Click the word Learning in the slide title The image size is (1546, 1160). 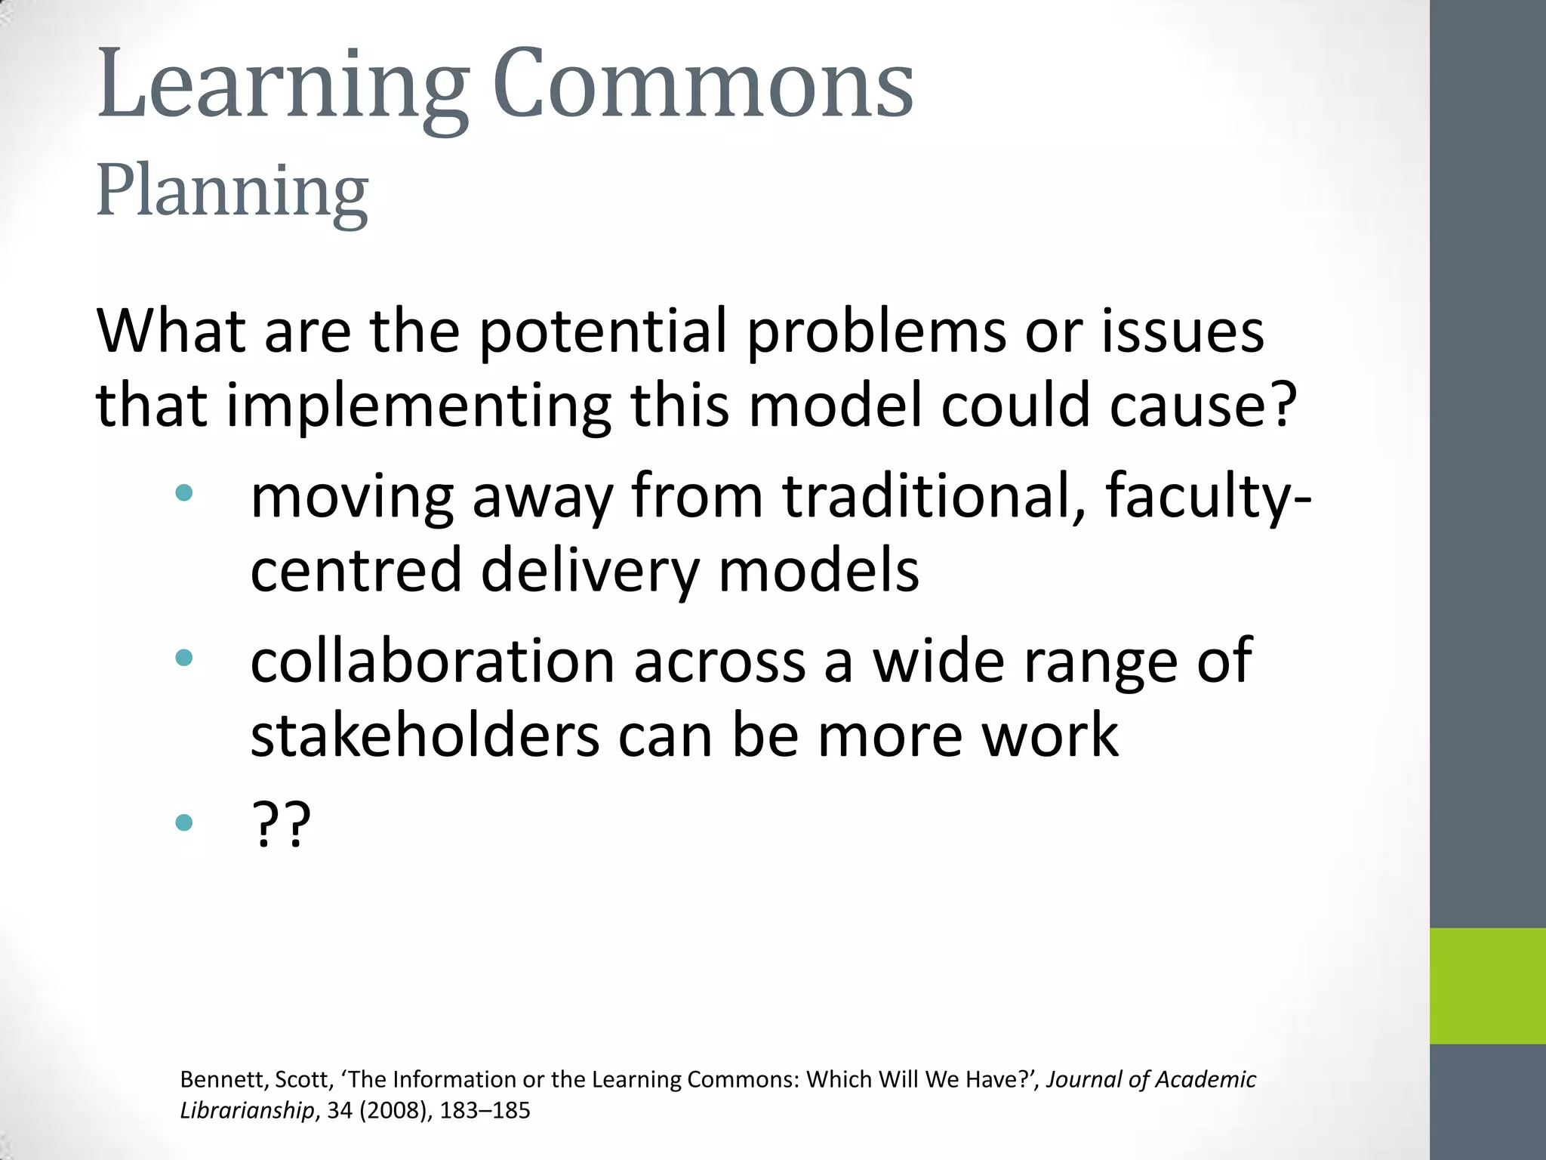click(283, 85)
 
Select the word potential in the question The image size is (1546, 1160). click(602, 332)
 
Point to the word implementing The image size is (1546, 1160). click(418, 406)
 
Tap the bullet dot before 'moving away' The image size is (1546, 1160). click(183, 494)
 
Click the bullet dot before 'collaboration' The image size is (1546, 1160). click(183, 658)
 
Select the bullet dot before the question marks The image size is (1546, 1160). click(183, 822)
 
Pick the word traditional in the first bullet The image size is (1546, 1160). click(935, 497)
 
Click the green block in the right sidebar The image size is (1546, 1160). click(1487, 986)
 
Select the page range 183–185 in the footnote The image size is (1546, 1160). click(485, 1110)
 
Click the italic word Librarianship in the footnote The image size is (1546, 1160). click(247, 1111)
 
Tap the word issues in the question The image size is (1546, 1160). click(1183, 332)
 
